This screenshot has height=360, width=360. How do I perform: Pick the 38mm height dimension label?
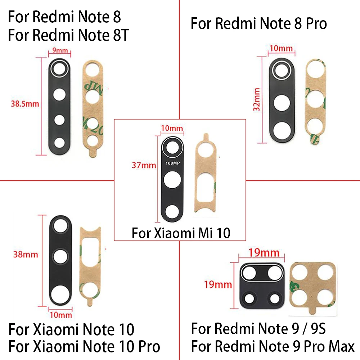coord(26,255)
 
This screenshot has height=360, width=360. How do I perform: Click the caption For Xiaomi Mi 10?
coord(181,233)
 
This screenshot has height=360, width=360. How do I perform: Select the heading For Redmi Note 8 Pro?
coord(258,23)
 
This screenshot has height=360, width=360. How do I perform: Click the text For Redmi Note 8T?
coord(68,36)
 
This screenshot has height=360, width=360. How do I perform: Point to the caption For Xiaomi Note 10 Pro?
coord(84,346)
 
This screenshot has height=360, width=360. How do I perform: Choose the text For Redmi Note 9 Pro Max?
coord(273,346)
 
